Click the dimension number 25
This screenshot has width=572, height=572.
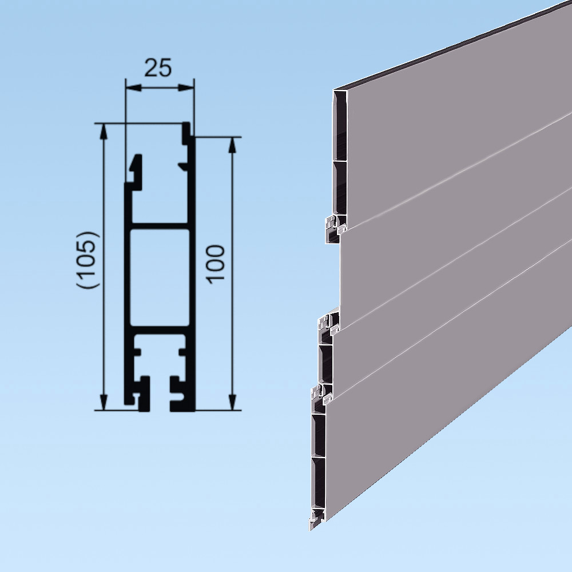point(158,68)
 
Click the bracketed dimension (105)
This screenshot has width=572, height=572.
point(90,260)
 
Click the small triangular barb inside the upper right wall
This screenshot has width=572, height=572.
point(184,166)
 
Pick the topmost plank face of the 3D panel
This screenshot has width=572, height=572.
point(458,114)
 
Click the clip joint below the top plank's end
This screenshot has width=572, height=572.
point(335,226)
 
